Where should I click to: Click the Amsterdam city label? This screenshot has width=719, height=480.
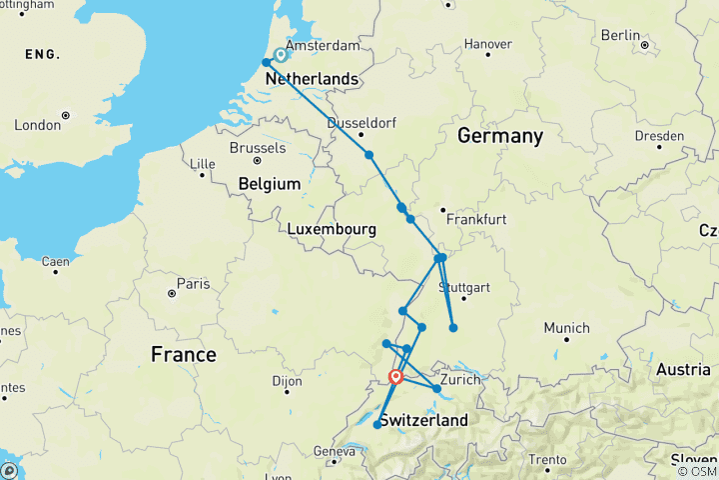(x=322, y=46)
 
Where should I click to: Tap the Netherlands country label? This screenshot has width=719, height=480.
(x=311, y=78)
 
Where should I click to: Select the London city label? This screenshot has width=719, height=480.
(x=38, y=125)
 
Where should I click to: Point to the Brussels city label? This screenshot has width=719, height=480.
(x=257, y=147)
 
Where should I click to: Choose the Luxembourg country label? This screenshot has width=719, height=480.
(x=331, y=229)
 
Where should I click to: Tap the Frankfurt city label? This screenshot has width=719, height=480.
(x=477, y=219)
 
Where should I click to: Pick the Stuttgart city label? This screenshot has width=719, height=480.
(x=465, y=288)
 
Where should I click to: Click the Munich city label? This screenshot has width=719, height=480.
(x=566, y=328)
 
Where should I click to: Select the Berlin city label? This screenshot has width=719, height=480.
(x=620, y=35)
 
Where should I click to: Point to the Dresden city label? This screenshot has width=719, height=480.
(x=662, y=135)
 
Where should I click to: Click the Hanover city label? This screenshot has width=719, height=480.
(x=488, y=44)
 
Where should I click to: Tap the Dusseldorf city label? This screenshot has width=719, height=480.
(x=358, y=122)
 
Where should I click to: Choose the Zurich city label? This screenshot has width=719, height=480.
(x=460, y=380)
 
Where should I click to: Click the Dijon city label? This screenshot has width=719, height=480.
(x=290, y=381)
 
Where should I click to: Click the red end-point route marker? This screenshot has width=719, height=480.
(x=396, y=377)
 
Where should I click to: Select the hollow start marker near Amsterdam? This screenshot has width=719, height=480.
(x=281, y=56)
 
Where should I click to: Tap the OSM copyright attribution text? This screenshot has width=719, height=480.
(x=697, y=471)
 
